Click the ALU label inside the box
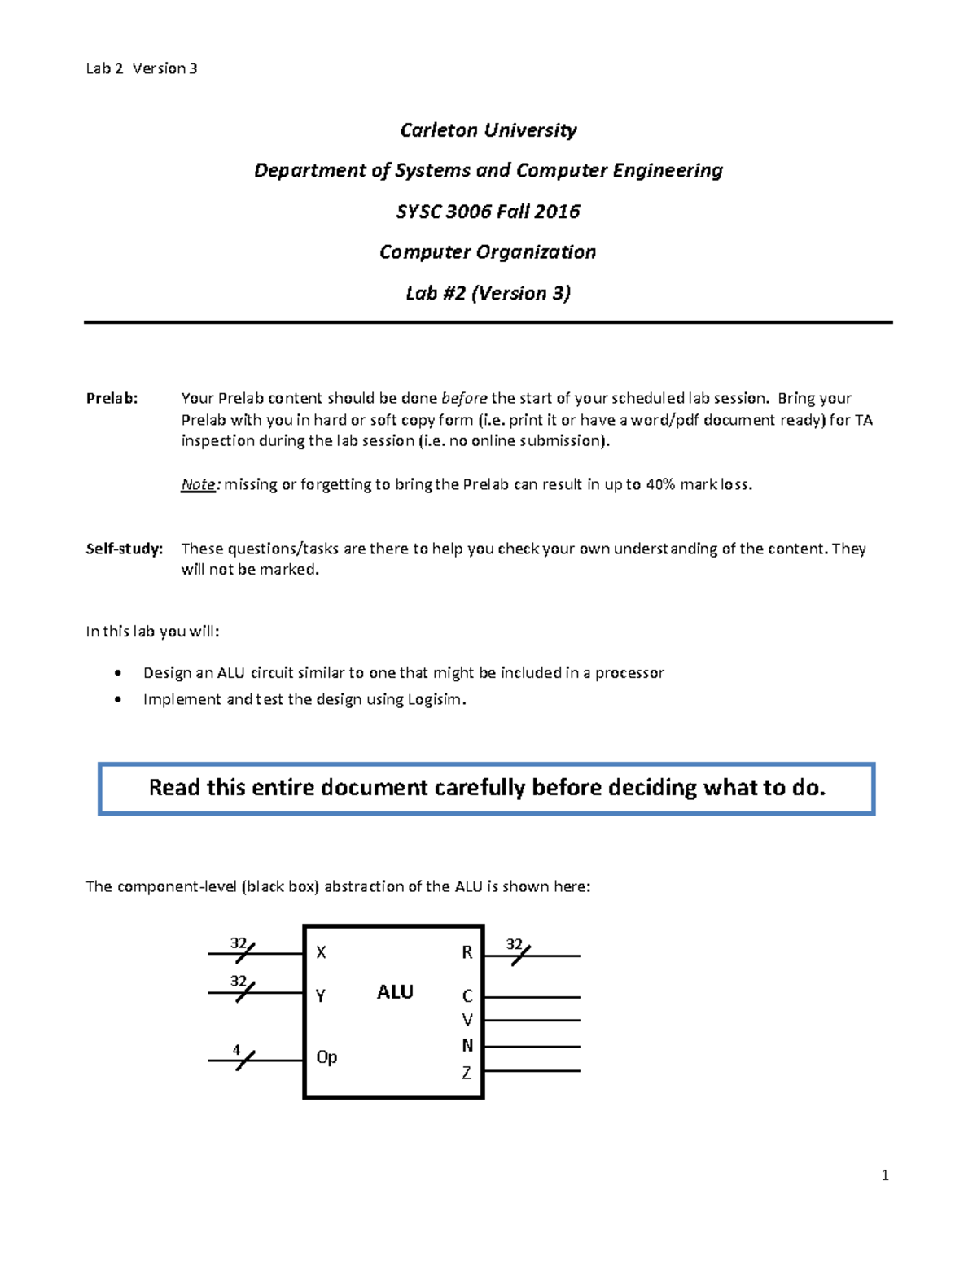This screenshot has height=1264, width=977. pyautogui.click(x=395, y=991)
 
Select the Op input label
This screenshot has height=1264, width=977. pyautogui.click(x=326, y=1057)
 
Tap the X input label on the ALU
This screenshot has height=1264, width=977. pyautogui.click(x=321, y=951)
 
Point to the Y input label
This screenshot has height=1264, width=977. pyautogui.click(x=321, y=995)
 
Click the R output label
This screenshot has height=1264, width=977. pyautogui.click(x=467, y=952)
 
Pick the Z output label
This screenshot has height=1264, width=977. pyautogui.click(x=467, y=1073)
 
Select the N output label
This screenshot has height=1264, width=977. pyautogui.click(x=467, y=1045)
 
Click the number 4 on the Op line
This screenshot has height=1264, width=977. pyautogui.click(x=237, y=1050)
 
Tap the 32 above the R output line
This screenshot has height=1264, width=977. pyautogui.click(x=514, y=944)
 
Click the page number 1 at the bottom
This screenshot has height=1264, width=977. pyautogui.click(x=885, y=1175)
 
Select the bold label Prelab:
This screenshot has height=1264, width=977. pyautogui.click(x=112, y=398)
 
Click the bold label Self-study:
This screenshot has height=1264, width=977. pyautogui.click(x=125, y=549)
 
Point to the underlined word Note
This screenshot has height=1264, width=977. pyautogui.click(x=198, y=485)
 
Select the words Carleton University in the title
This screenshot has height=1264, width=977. pyautogui.click(x=488, y=130)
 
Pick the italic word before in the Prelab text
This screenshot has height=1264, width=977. pyautogui.click(x=464, y=398)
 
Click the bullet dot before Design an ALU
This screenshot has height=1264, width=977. pyautogui.click(x=120, y=673)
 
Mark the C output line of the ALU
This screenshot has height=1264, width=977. pyautogui.click(x=532, y=997)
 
